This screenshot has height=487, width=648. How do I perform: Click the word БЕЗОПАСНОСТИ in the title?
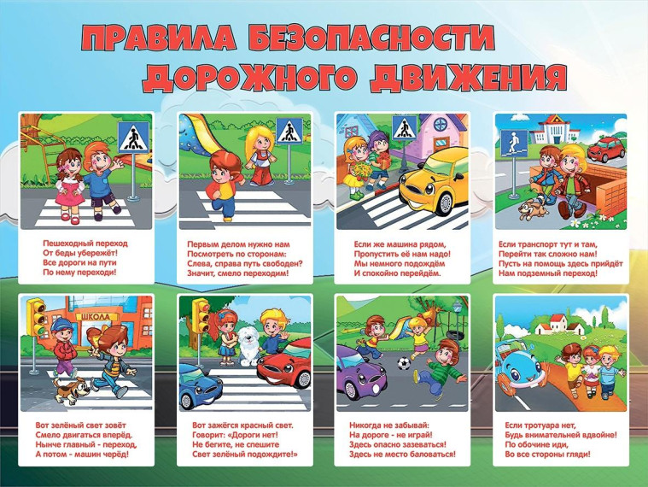pos(371,39)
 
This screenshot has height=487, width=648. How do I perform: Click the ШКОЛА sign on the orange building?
pos(96,317)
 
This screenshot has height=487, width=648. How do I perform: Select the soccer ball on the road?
pos(404,364)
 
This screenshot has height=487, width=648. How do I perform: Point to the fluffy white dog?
pos(249,345)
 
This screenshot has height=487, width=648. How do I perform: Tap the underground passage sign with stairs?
pos(514,143)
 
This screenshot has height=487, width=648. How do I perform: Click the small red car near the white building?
pos(606,150)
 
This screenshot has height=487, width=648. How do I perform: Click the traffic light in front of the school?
pos(36,316)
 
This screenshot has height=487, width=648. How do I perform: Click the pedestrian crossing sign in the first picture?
pos(133,138)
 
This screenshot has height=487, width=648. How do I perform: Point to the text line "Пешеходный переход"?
pos(85,243)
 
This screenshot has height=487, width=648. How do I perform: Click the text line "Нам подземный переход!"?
pos(547,273)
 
